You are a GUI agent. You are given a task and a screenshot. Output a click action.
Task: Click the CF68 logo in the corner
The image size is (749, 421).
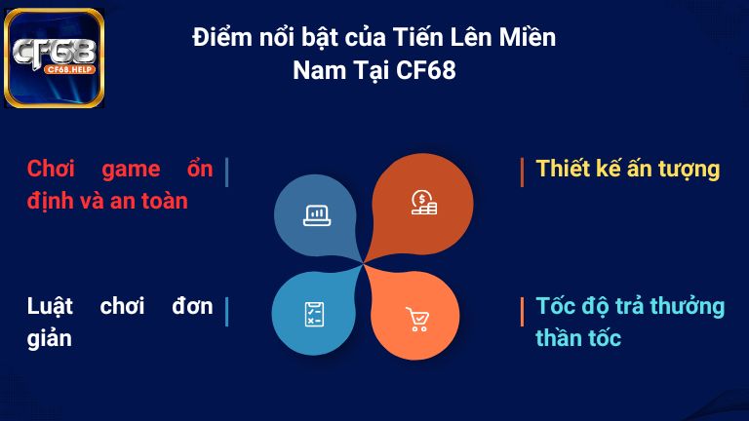pos(55,57)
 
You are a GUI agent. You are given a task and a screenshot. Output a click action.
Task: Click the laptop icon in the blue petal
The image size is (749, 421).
pos(316,215)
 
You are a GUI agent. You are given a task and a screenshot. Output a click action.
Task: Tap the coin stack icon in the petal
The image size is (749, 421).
pos(423,203)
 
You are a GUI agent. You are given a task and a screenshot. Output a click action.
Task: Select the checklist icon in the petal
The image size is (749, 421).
pos(314,314)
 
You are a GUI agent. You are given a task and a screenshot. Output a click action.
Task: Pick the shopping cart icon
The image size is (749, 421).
pos(417,319)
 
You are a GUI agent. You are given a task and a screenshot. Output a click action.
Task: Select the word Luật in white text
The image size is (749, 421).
pos(52,306)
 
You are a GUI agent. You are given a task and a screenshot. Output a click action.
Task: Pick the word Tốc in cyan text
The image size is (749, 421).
pos(556,306)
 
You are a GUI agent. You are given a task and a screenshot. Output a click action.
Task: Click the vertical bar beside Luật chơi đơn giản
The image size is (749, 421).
pos(226,312)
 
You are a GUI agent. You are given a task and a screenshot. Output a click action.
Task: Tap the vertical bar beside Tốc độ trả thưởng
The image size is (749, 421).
pos(523,312)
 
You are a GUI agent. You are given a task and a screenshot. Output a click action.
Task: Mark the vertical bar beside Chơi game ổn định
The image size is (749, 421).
pos(226,172)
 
